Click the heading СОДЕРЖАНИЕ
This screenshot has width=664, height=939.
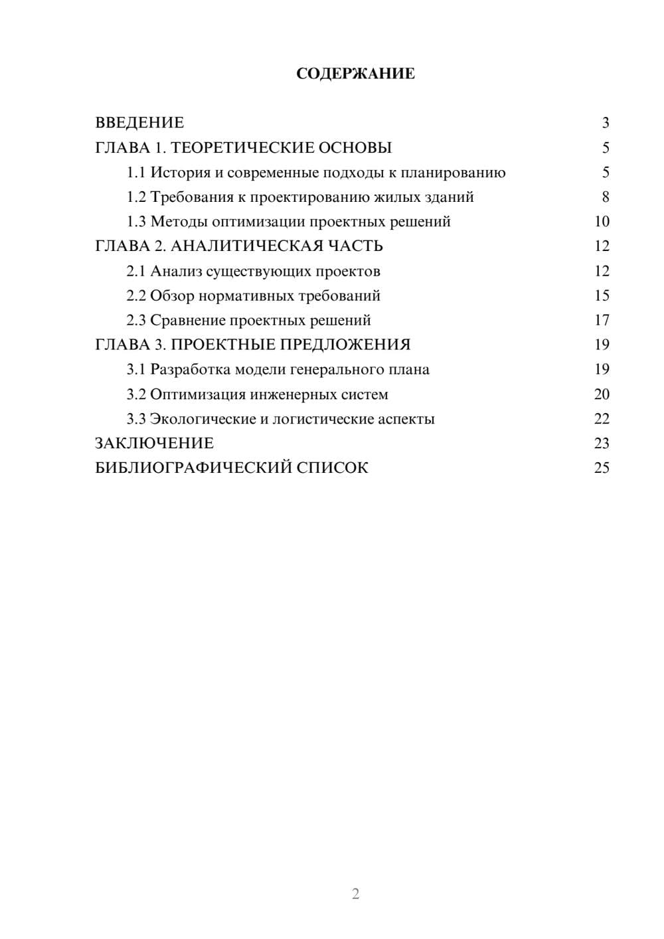coord(355,74)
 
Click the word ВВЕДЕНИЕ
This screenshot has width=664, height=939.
coord(139,123)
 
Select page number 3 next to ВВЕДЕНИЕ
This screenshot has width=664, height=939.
coord(605,123)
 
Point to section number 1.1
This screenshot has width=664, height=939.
coord(136,173)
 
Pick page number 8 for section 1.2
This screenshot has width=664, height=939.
coord(605,197)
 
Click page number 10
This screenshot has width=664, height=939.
coord(602,222)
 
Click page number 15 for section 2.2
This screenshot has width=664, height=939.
coord(602,296)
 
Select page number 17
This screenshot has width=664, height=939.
coord(602,321)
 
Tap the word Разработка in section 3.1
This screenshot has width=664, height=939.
coord(189,370)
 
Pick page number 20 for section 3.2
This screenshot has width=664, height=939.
coord(602,394)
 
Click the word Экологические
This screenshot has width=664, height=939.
coord(203,419)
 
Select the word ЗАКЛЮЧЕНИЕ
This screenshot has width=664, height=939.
coord(154,444)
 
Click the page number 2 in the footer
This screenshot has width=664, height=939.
coord(355,894)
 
